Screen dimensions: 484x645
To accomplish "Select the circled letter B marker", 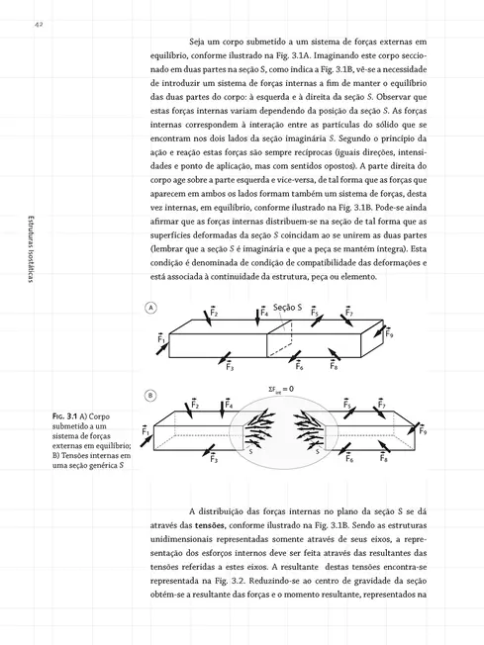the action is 151,396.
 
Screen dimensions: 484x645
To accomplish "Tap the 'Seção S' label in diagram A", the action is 289,311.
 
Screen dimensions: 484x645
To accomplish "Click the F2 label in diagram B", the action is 196,405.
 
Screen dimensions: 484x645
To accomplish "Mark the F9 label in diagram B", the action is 423,430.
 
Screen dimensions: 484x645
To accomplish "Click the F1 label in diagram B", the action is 145,432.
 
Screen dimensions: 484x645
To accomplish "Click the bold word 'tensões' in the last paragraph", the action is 205,524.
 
